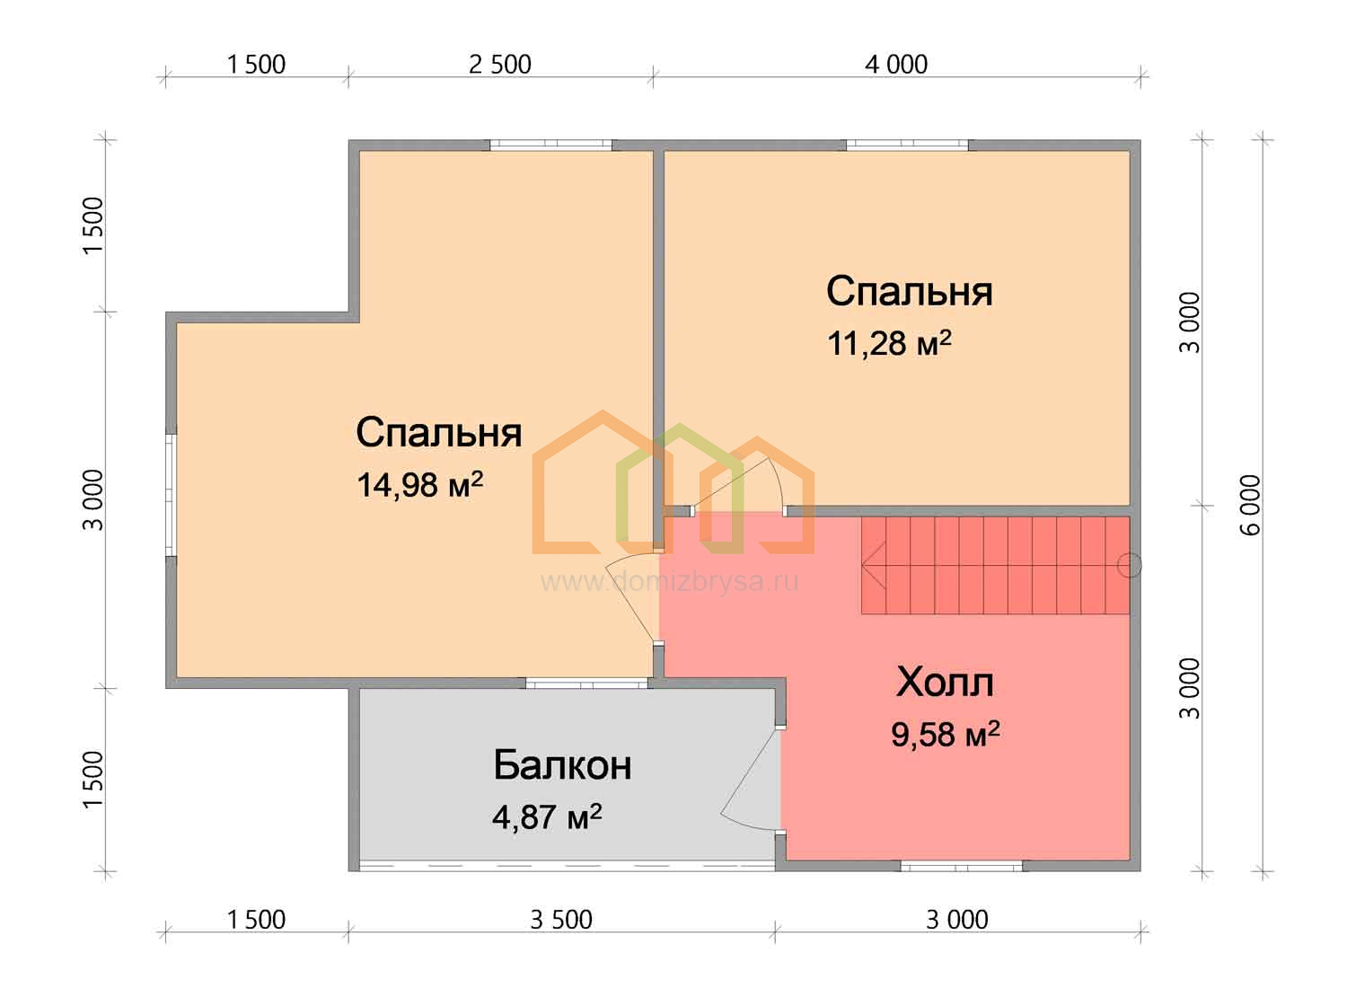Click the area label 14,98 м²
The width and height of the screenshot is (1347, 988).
419,484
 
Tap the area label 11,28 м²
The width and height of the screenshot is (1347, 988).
889,343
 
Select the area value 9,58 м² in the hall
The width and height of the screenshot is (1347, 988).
946,734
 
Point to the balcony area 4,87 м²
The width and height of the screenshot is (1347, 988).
547,817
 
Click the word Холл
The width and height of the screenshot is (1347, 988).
945,683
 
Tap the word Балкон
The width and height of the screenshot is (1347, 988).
562,765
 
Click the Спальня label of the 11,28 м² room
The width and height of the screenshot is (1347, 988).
909,291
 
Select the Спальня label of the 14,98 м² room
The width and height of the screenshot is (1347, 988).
439,432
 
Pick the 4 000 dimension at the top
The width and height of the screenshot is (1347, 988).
896,65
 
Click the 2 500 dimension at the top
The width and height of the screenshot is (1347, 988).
499,65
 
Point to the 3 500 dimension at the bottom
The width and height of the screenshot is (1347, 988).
561,920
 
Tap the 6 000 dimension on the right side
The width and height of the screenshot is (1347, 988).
1251,505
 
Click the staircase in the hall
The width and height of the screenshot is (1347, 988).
995,565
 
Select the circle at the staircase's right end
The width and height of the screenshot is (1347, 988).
1129,565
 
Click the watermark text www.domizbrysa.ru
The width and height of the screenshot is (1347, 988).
669,581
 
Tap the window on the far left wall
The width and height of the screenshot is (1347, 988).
171,494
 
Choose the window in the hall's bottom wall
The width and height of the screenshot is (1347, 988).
961,866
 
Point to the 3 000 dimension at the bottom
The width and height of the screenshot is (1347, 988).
956,920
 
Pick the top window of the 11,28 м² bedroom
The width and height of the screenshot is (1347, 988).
907,145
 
